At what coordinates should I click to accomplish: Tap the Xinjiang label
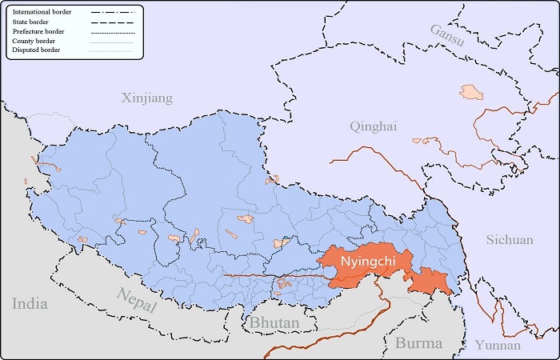pyautogui.click(x=146, y=98)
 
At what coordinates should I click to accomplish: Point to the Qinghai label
pyautogui.click(x=373, y=126)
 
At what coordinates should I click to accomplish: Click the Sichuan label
pyautogui.click(x=510, y=239)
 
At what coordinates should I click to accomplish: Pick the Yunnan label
pyautogui.click(x=497, y=346)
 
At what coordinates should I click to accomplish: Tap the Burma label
pyautogui.click(x=418, y=343)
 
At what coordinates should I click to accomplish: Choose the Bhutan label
pyautogui.click(x=274, y=323)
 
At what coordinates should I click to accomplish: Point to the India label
pyautogui.click(x=30, y=304)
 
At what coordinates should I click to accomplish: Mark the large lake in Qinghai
pyautogui.click(x=473, y=93)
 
